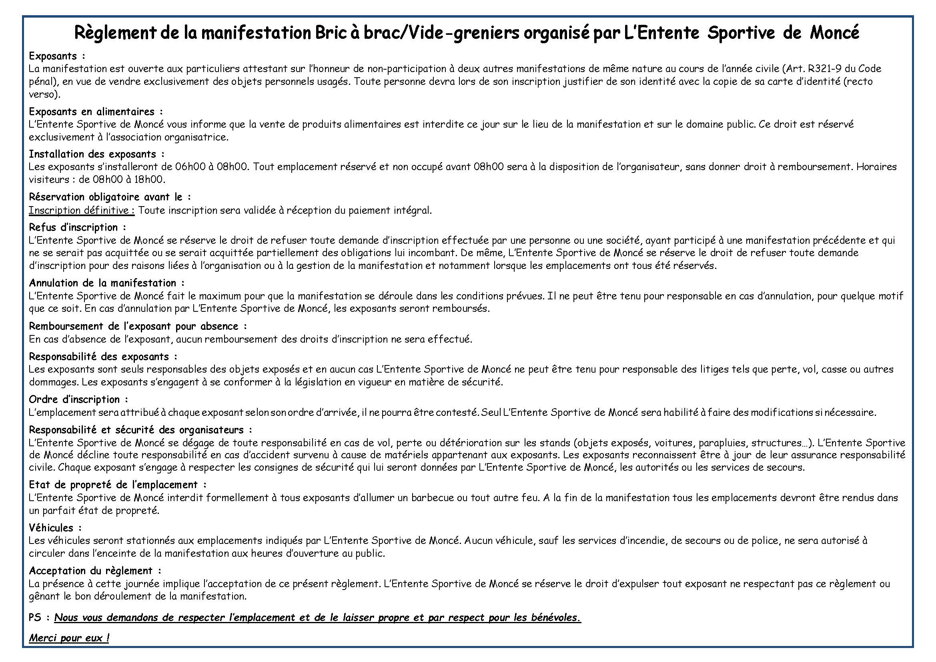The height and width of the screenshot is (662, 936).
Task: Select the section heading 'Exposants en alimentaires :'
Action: pos(96,111)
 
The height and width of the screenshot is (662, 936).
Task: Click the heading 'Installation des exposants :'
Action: pos(96,154)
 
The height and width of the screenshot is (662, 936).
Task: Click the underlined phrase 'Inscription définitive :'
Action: pos(82,211)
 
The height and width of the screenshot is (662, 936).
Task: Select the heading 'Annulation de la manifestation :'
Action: pos(107,283)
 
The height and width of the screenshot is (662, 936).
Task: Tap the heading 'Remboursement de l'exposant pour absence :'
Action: pos(138,326)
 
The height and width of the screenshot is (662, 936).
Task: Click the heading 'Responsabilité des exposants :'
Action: pos(103,356)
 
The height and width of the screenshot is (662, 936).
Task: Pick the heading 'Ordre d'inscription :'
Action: pos(79,399)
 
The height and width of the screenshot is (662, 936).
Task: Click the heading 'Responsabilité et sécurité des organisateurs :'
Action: pos(140,429)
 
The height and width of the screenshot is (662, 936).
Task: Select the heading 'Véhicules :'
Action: pos(55,528)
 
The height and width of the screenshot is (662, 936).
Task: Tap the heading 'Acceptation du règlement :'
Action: pos(95,571)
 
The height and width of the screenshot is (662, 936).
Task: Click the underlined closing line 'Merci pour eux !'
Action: pos(69,638)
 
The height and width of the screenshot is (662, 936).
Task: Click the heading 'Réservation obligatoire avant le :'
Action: pos(110,197)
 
